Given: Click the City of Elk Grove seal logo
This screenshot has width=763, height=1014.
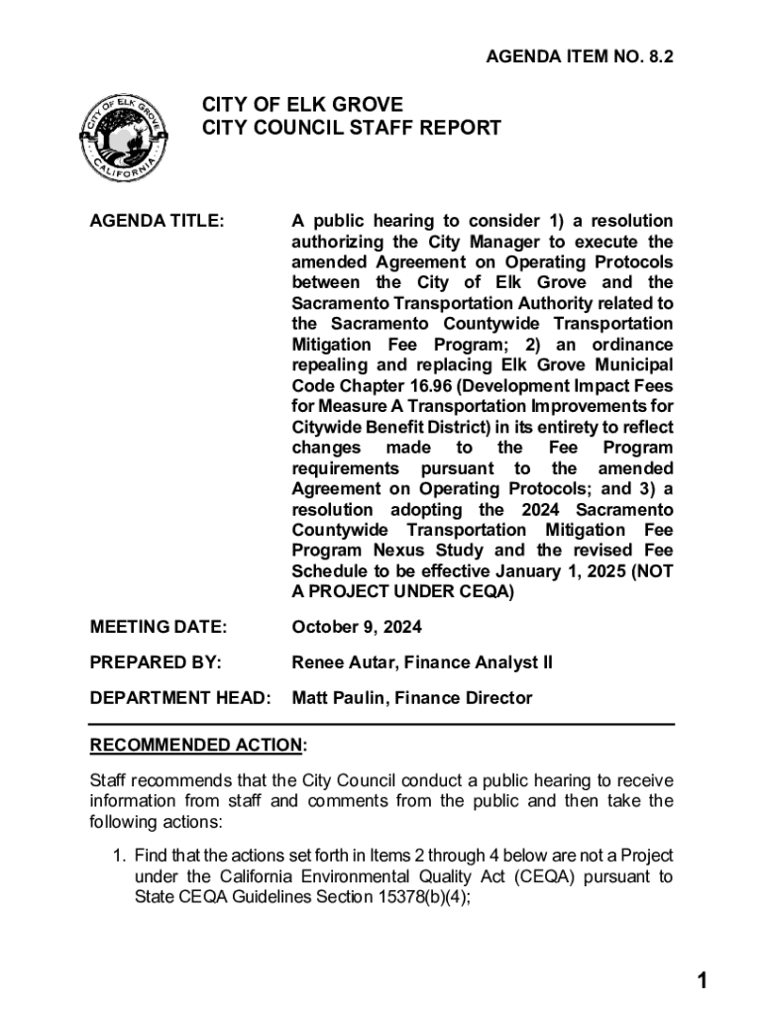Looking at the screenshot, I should tap(123, 138).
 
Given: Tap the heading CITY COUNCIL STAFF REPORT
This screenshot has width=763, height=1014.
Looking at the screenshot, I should tap(352, 129).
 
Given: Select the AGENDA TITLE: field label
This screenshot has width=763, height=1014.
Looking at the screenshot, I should tap(157, 221).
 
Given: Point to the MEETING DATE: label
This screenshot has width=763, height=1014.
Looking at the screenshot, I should tap(159, 627).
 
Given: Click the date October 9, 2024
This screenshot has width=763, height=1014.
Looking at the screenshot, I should tap(357, 627).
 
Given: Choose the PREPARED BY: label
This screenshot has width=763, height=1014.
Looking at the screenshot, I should tap(156, 662).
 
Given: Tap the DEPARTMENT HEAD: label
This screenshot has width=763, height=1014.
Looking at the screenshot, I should tap(180, 698).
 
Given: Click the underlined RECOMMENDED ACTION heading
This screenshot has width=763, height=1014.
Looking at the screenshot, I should tap(196, 745).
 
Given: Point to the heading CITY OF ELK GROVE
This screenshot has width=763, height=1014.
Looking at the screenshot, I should tap(303, 105).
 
